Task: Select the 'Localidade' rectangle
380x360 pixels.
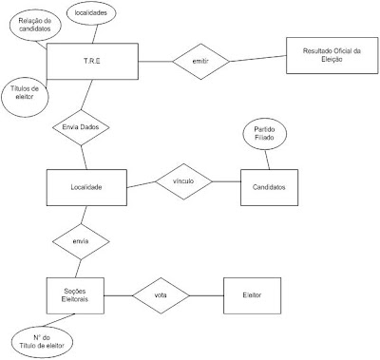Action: coord(87,187)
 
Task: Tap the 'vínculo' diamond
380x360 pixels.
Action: coord(183,181)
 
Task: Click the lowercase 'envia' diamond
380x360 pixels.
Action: coord(80,241)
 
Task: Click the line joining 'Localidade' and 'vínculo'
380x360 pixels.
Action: coord(141,183)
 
